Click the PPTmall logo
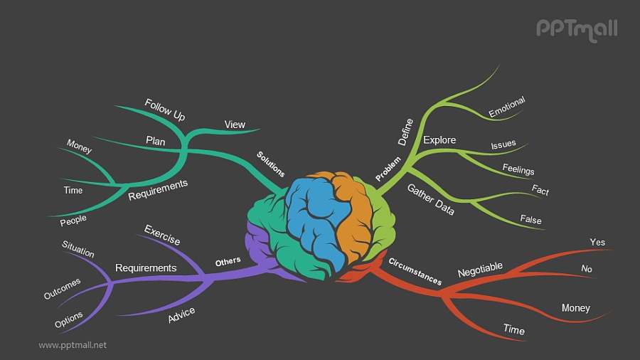coord(576,28)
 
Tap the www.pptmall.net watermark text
coord(73,344)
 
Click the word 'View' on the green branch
coord(235,125)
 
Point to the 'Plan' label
coord(156,141)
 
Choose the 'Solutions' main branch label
coord(271,164)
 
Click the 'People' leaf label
coord(73,221)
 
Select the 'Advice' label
coord(181,315)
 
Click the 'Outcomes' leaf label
coord(63,288)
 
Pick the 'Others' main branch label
coord(228,262)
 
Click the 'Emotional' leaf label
coord(506,107)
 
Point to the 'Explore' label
coord(439,139)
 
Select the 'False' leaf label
coord(530,219)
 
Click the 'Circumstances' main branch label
coord(415,271)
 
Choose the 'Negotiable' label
coord(480,270)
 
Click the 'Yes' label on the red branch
coord(597,242)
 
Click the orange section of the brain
coord(353,213)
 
